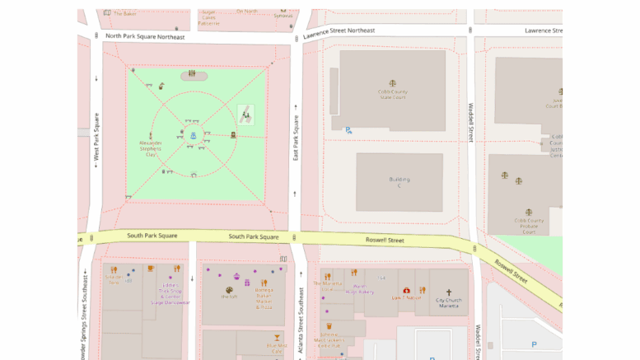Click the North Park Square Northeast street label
coord(145,36)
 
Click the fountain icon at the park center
coord(194,136)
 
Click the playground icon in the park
coord(246,113)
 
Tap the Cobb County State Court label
coord(393,94)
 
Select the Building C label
coord(399,182)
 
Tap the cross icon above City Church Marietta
coord(449,292)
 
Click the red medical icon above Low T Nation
coord(406,290)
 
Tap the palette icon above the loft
coord(229,289)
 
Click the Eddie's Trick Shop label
coord(170,293)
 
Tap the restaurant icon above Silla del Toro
coord(114,269)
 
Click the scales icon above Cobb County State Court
coord(393,82)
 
